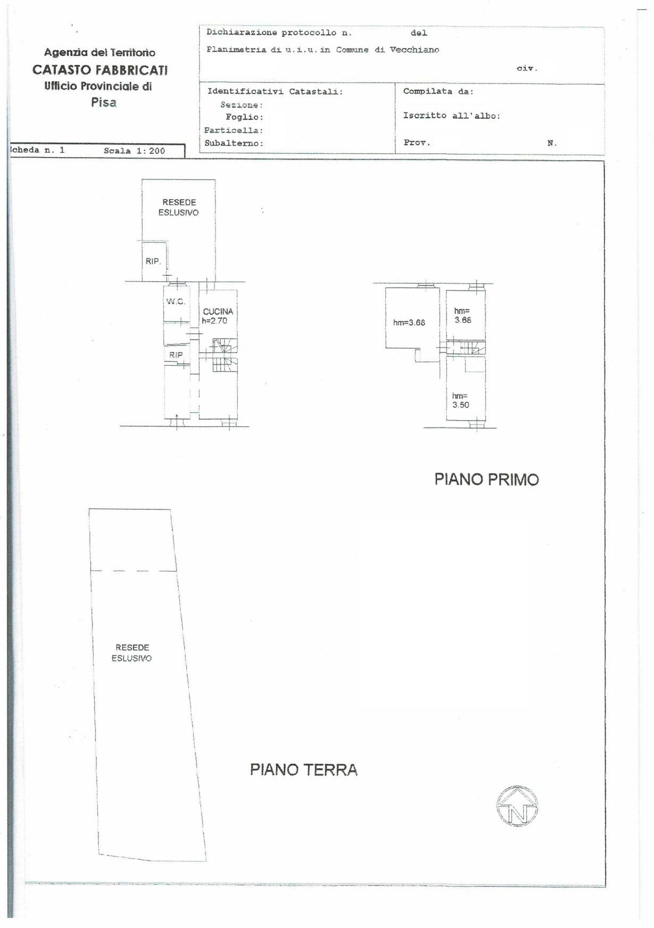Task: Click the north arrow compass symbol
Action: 517,806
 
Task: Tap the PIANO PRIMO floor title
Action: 486,480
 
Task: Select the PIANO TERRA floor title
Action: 303,769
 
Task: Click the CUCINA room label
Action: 218,311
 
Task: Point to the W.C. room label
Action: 176,302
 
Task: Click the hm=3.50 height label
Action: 461,400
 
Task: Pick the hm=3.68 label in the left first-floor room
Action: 409,322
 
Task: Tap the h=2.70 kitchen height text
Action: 214,321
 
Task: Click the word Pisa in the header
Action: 104,102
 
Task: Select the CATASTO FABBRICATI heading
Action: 100,70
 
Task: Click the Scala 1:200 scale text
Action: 135,151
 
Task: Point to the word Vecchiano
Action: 415,50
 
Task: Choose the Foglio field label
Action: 244,117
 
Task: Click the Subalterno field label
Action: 234,143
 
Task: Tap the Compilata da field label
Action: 438,91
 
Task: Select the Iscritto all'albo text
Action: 452,116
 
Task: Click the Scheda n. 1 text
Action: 37,150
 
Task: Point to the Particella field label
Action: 234,130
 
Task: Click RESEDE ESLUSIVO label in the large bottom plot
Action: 132,653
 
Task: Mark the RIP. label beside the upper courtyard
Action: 153,261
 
